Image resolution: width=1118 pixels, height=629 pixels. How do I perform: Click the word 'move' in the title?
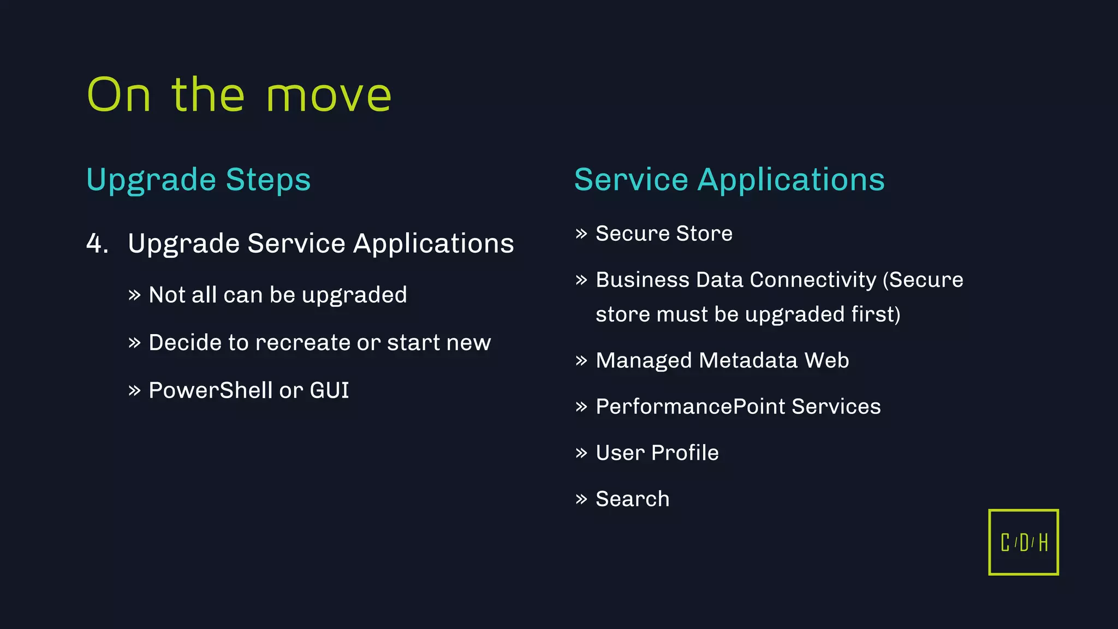pos(329,96)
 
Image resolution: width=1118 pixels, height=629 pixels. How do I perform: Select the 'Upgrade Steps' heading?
pos(198,180)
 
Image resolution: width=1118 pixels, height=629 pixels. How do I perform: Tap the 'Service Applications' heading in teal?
pos(729,180)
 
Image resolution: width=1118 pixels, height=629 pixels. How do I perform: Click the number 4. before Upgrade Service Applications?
pos(97,244)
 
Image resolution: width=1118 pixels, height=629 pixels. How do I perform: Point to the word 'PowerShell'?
pos(210,390)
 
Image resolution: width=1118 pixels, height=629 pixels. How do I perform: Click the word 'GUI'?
pos(329,390)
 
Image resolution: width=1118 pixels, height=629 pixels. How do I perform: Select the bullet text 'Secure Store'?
pos(664,234)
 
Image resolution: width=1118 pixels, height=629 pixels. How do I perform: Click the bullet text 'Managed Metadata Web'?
pos(722,360)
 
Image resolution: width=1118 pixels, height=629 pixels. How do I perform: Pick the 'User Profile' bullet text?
pos(657,453)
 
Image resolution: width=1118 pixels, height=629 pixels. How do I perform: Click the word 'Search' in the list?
pos(632,499)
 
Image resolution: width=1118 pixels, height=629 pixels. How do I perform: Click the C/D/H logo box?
pos(1024,542)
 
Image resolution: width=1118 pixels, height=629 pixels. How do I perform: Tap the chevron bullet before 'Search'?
pos(581,499)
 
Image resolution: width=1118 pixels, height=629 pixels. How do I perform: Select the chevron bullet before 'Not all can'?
pos(134,295)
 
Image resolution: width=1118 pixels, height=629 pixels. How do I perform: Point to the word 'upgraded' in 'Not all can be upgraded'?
pos(354,295)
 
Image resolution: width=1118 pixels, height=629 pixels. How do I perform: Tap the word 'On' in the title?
pos(118,96)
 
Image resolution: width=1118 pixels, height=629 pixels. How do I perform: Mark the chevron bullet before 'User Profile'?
pos(581,453)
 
